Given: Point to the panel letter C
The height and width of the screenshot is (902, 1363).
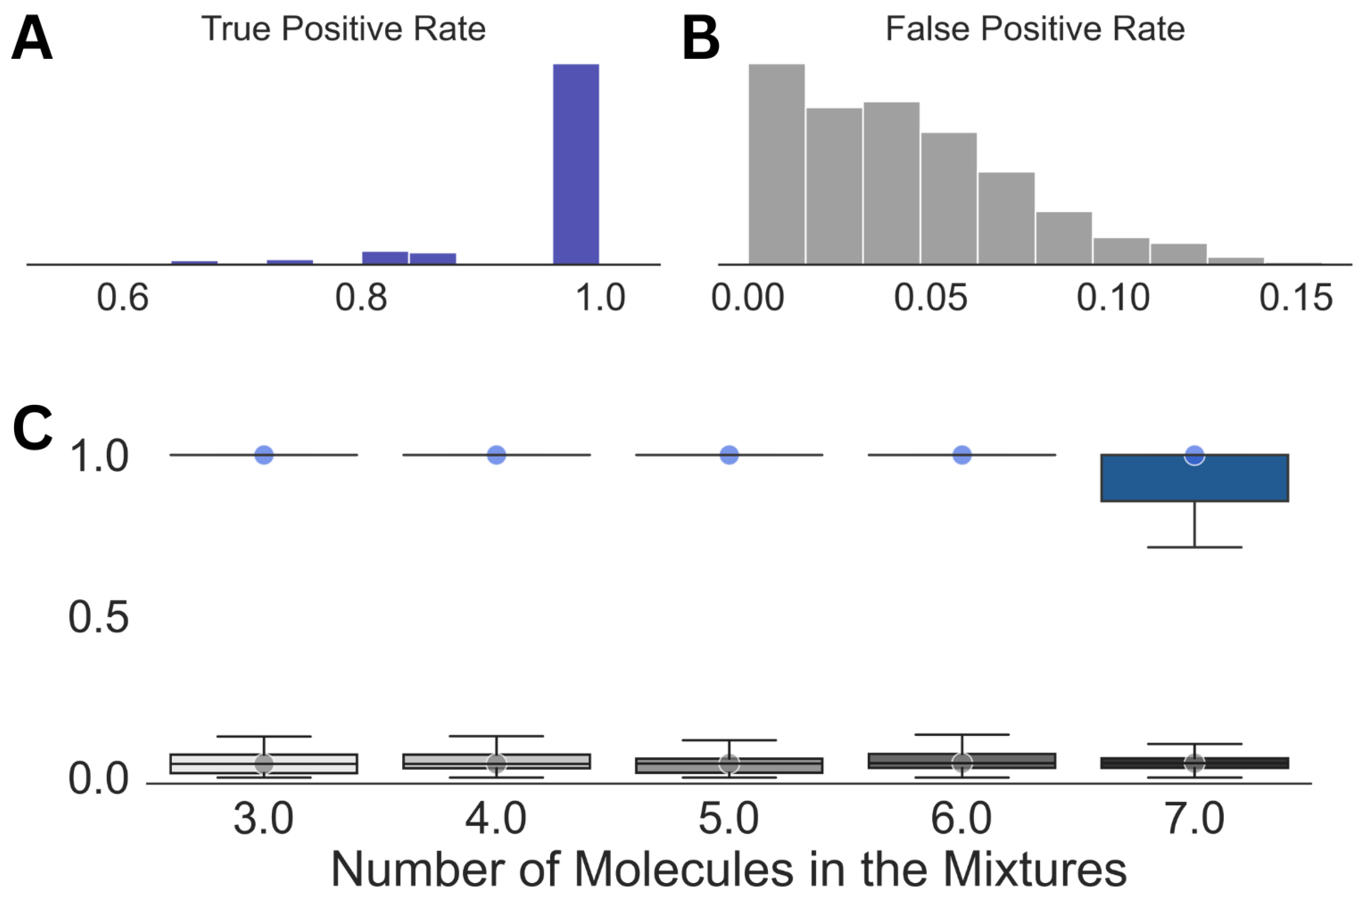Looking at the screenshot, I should [32, 429].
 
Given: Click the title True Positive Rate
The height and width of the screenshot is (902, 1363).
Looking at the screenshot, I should [343, 29].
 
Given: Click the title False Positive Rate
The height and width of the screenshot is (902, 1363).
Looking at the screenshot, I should [1034, 29].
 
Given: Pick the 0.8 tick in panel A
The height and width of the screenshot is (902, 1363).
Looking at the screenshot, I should [361, 298].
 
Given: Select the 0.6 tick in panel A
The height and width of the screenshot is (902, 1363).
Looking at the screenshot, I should [123, 298].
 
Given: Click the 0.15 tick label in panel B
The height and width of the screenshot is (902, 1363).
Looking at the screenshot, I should [1296, 298].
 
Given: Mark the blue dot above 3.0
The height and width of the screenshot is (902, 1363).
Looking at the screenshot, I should [264, 455].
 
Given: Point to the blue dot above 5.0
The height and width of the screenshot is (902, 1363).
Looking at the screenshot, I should [729, 455].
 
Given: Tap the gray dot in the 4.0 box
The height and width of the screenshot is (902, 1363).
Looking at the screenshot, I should [496, 763].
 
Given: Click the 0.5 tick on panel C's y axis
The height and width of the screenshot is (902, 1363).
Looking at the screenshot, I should [98, 618].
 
